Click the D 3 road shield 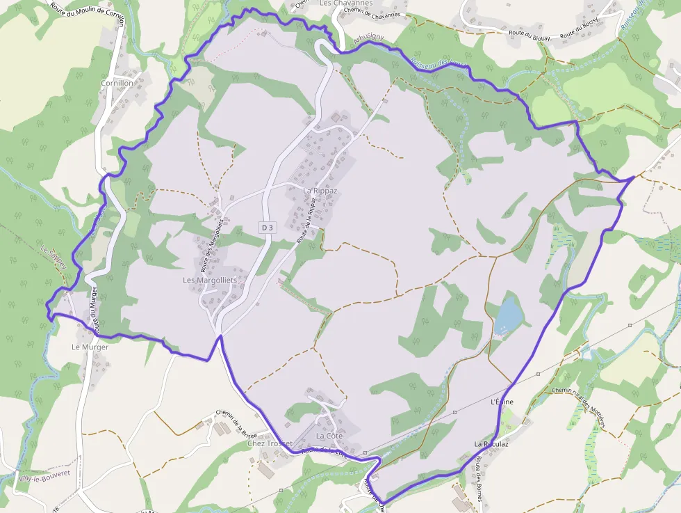[x=268, y=227]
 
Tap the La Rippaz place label [x=320, y=190]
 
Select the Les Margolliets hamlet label [x=209, y=280]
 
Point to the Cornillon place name [x=117, y=83]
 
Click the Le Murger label [x=90, y=347]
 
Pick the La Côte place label [x=329, y=436]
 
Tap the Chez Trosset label [x=270, y=443]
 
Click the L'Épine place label [x=502, y=402]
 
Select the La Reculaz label [x=491, y=443]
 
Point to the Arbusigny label [x=368, y=40]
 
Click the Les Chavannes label [x=346, y=3]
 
